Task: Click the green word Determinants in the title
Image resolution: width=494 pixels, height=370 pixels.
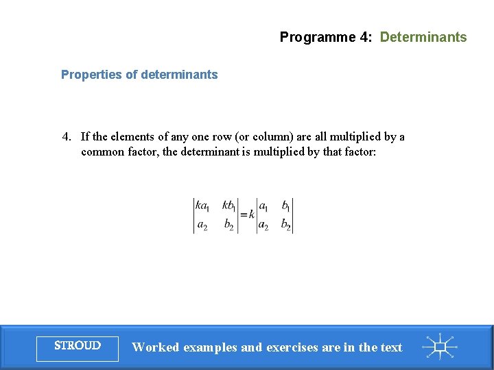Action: [x=423, y=38]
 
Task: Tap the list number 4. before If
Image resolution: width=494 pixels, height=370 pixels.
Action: [x=67, y=137]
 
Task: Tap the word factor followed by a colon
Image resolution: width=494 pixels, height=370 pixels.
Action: [x=358, y=152]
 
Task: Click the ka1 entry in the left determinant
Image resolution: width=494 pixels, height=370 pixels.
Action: [x=203, y=206]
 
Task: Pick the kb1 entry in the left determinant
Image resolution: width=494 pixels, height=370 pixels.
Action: [x=229, y=206]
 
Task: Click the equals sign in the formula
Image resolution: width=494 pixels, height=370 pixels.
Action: [x=243, y=214]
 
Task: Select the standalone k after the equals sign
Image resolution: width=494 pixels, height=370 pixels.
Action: [x=252, y=214]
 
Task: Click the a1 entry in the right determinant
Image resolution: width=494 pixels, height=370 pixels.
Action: [x=264, y=206]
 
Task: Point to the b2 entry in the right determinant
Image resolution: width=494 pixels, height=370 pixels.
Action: [x=285, y=224]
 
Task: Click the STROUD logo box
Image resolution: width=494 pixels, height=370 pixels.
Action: [x=78, y=346]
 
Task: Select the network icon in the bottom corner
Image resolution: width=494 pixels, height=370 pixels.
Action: [x=440, y=347]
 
